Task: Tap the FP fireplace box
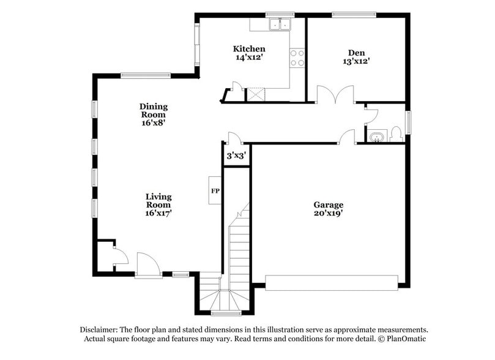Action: pos(215,190)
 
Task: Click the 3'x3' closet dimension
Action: pos(236,156)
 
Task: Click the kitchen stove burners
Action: pos(297,58)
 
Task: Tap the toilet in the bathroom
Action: pos(395,133)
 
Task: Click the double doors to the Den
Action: pos(335,94)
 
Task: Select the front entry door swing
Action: pos(147,264)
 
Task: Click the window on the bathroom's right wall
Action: pos(408,121)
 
